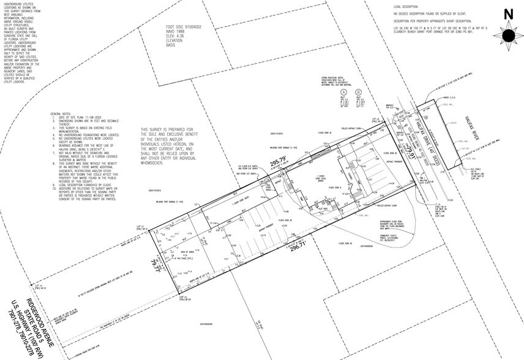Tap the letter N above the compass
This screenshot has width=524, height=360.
[x=508, y=13]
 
